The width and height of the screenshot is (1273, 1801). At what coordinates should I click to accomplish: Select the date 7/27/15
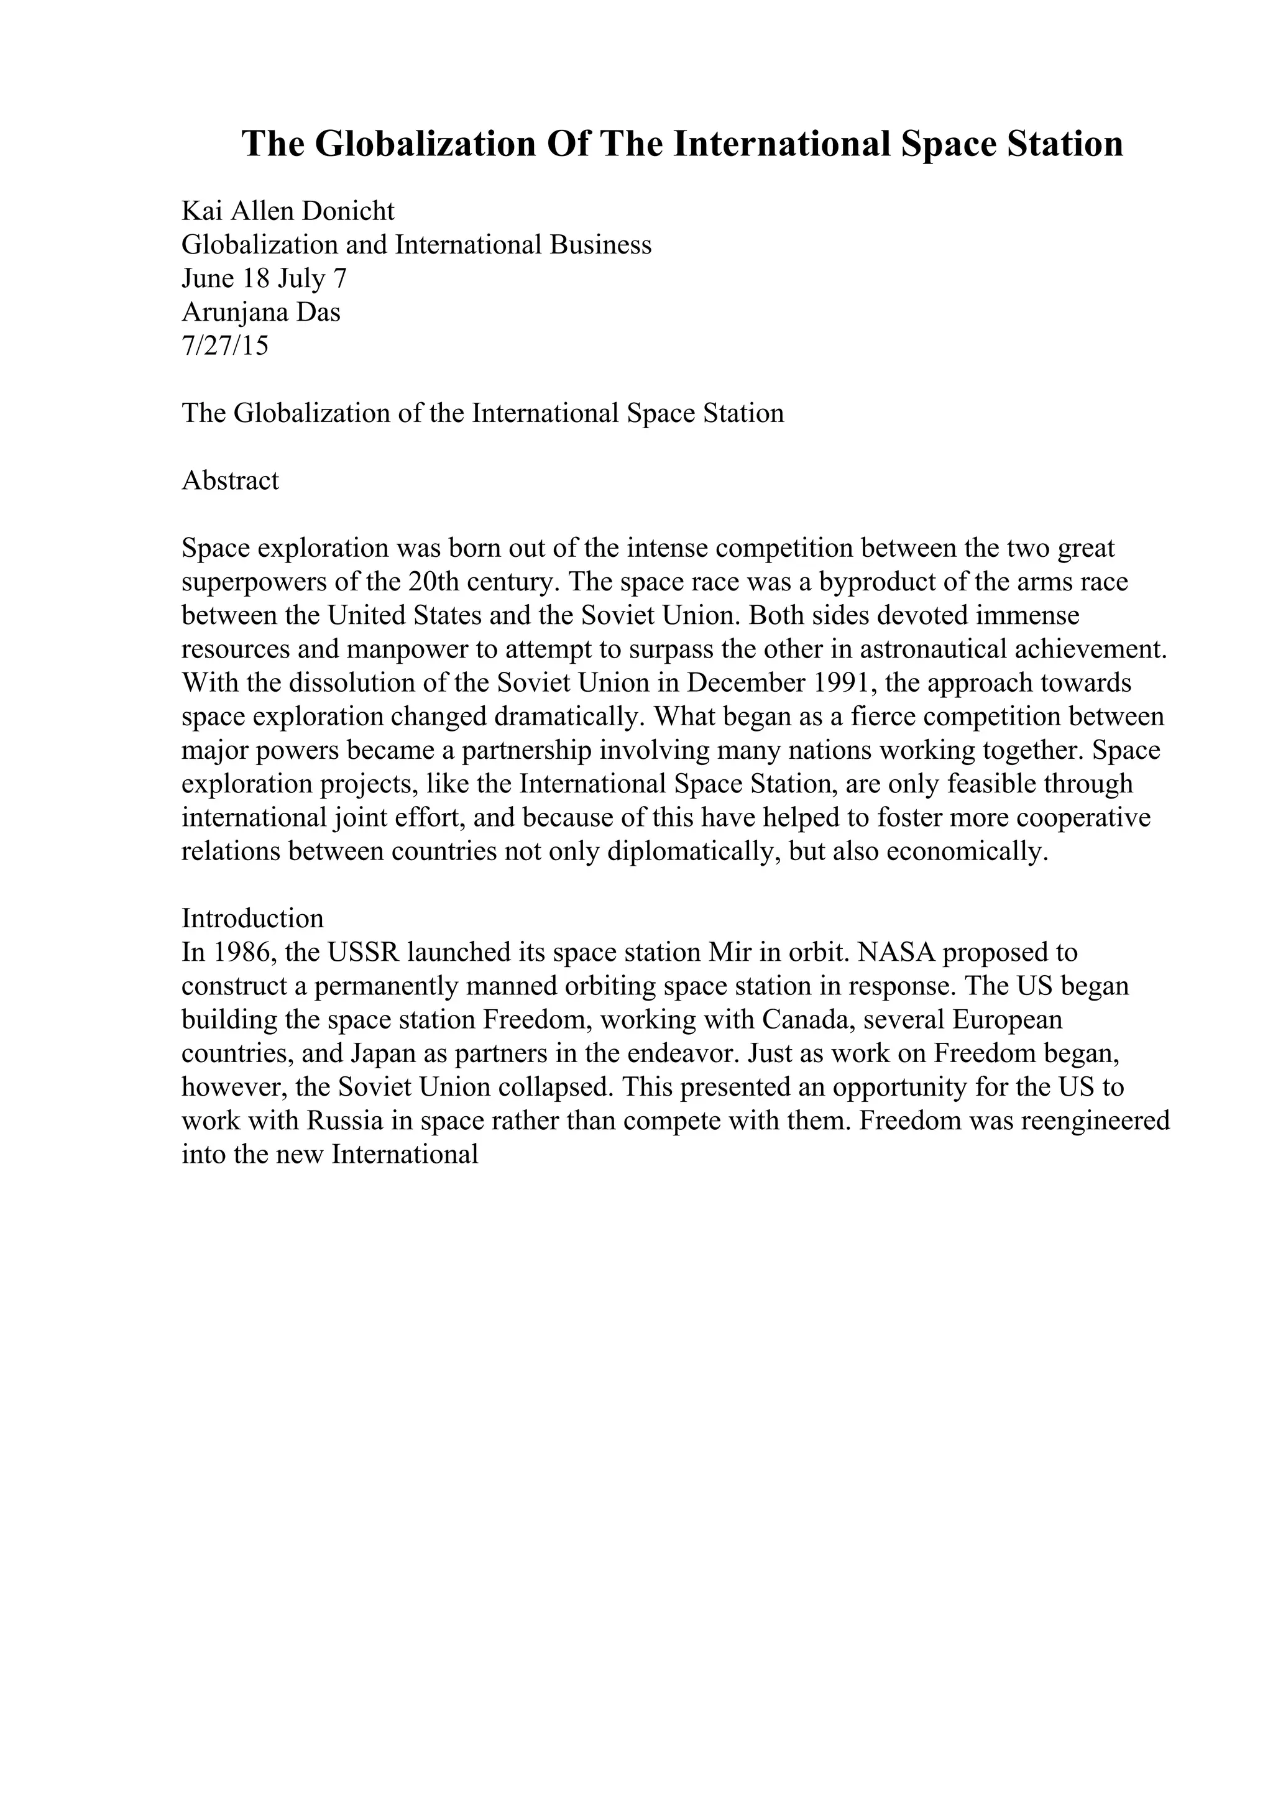(225, 346)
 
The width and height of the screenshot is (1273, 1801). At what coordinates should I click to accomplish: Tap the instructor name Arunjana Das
(261, 312)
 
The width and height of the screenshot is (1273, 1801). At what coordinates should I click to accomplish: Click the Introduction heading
(252, 919)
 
